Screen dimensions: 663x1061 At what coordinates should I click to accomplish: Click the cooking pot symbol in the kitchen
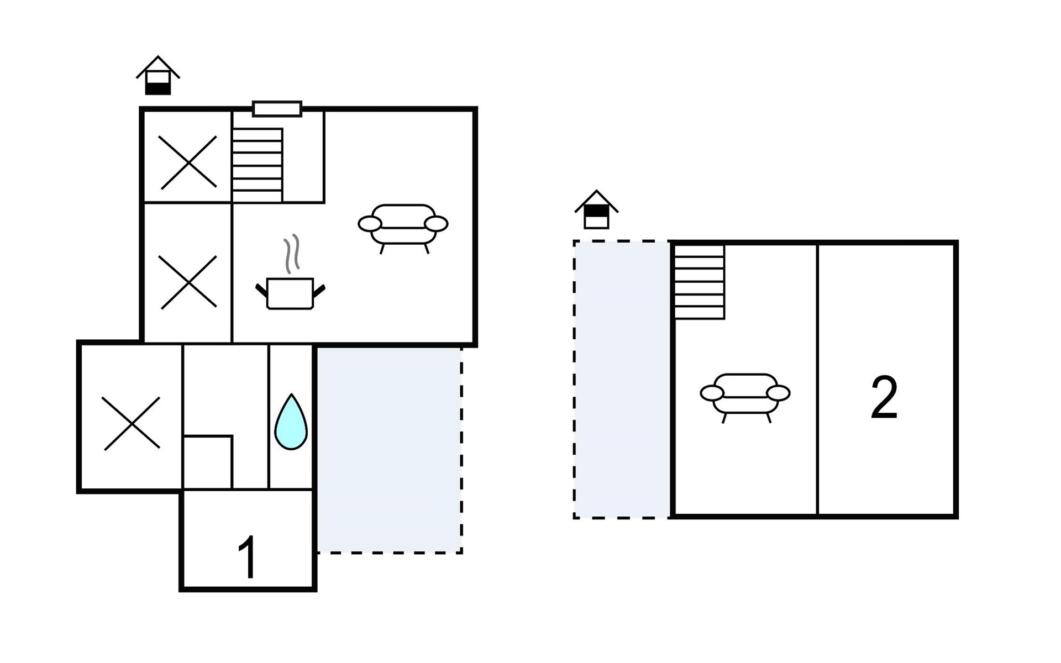pos(290,293)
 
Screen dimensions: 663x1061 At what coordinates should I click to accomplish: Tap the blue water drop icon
pos(291,423)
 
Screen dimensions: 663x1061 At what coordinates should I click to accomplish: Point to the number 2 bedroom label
pos(884,398)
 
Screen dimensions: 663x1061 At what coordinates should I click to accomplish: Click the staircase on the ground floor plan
pos(258,165)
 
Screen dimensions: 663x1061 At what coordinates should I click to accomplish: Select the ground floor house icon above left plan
pos(158,76)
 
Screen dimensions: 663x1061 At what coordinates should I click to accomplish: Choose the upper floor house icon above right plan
pos(596,210)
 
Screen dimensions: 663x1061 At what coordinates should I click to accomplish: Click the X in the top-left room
pos(188,162)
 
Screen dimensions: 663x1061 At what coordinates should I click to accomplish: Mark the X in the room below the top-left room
pos(188,282)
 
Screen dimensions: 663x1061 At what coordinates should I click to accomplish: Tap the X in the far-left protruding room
pos(132,423)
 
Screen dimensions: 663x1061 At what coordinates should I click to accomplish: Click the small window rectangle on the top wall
pos(277,109)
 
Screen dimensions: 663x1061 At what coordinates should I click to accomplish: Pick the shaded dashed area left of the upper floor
pos(622,379)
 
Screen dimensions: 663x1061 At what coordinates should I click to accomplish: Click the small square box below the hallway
pos(208,462)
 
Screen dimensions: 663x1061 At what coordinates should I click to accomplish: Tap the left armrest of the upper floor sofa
pos(712,393)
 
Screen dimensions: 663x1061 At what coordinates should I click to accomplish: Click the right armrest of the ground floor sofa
pos(437,224)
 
